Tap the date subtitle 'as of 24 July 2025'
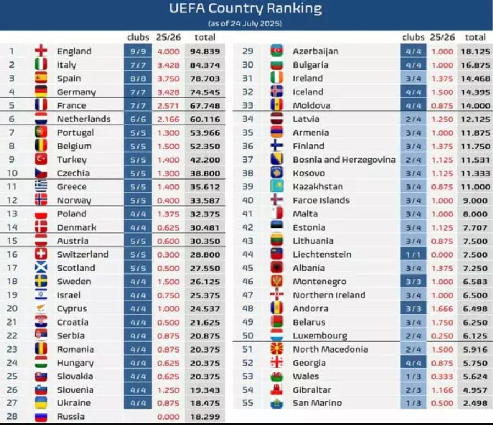(245, 24)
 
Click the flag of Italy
(41, 65)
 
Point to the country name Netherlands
(84, 119)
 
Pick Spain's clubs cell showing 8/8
(138, 78)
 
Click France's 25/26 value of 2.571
(169, 105)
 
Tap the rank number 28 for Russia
(12, 416)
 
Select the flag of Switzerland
(41, 254)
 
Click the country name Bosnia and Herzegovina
(344, 159)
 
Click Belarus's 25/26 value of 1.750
(442, 322)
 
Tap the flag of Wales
(276, 376)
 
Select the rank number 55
(248, 403)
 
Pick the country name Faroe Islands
(321, 200)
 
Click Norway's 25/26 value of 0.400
(169, 200)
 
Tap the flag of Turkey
(41, 159)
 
